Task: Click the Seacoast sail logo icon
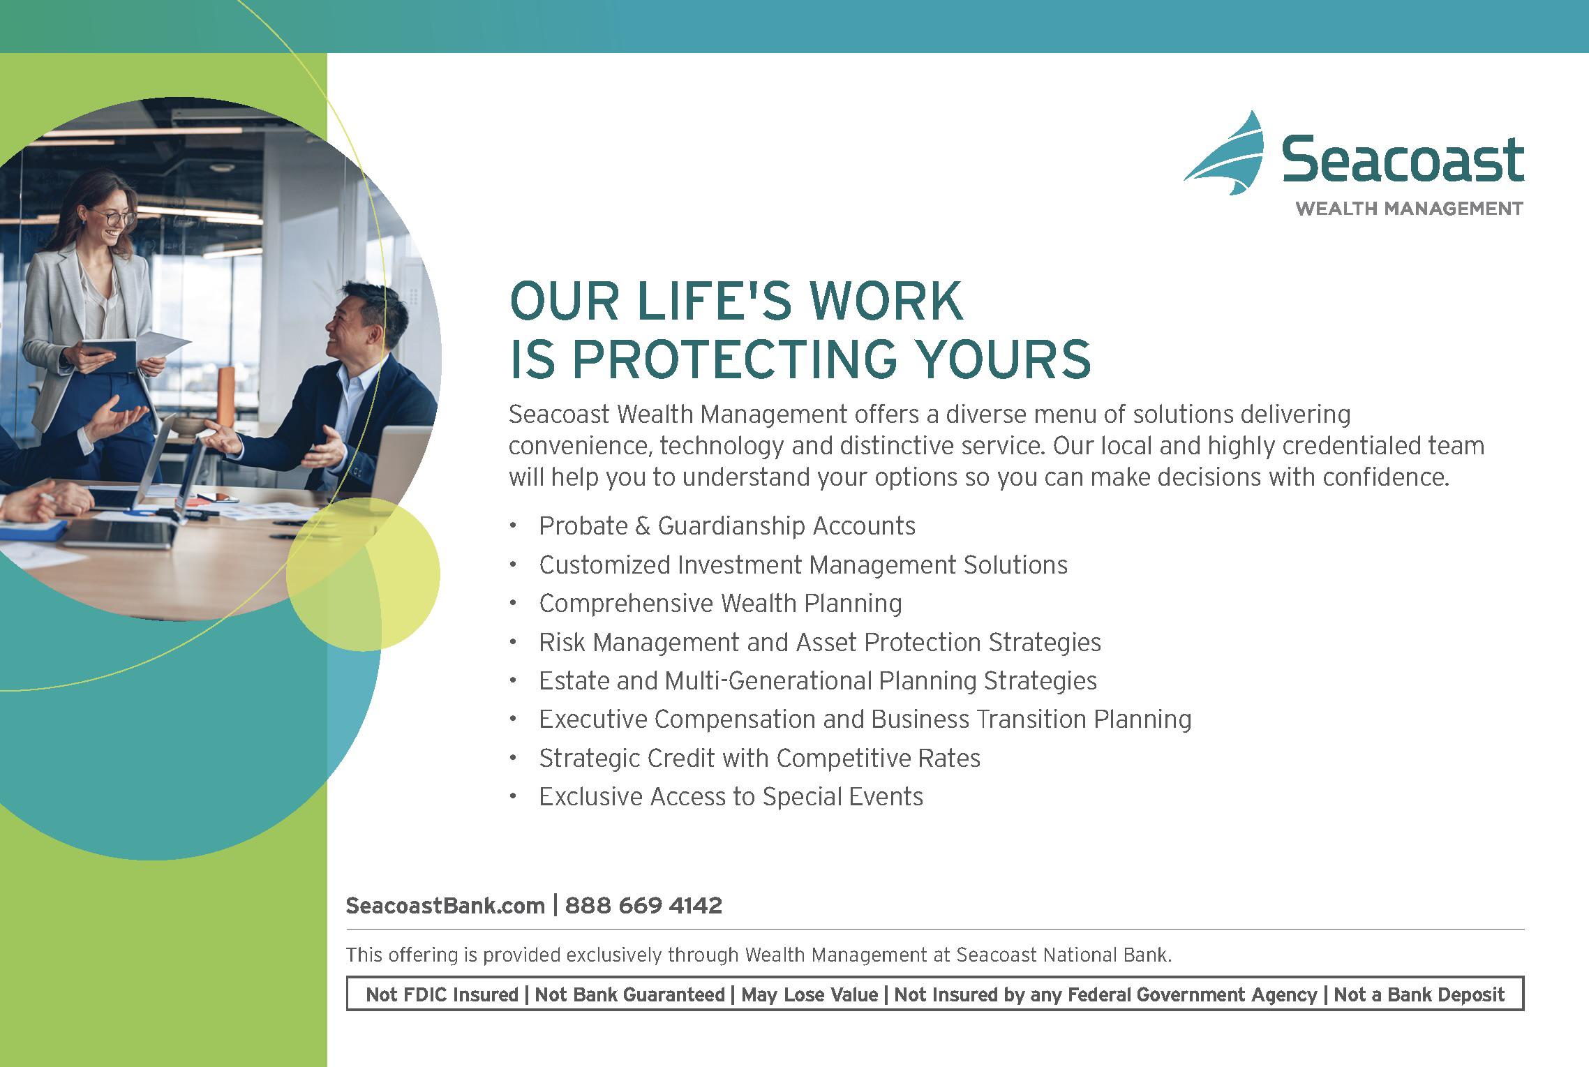pyautogui.click(x=1227, y=155)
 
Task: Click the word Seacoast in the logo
pyautogui.click(x=1403, y=160)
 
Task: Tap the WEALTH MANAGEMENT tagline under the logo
pyautogui.click(x=1409, y=209)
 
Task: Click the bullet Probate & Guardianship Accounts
pyautogui.click(x=727, y=526)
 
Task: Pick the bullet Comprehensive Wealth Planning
pyautogui.click(x=720, y=604)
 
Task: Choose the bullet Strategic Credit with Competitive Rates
pyautogui.click(x=760, y=759)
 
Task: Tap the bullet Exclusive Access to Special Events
pyautogui.click(x=731, y=797)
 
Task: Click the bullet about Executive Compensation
pyautogui.click(x=865, y=719)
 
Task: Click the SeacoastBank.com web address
pyautogui.click(x=445, y=906)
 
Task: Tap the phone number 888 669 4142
pyautogui.click(x=643, y=906)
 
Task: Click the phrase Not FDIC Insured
pyautogui.click(x=442, y=995)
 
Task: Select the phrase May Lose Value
pyautogui.click(x=810, y=995)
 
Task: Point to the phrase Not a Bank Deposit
pyautogui.click(x=1419, y=995)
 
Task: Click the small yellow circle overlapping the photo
pyautogui.click(x=363, y=574)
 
